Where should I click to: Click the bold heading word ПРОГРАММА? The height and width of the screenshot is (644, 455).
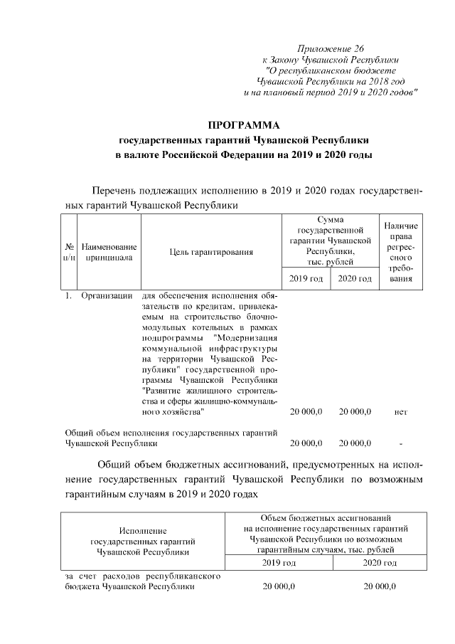(x=245, y=125)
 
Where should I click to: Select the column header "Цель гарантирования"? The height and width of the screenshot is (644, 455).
(x=212, y=252)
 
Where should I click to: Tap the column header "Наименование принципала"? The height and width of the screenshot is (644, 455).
(x=109, y=252)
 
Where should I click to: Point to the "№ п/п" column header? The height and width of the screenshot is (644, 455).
(x=70, y=252)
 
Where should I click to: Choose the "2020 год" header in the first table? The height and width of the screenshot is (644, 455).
(x=355, y=278)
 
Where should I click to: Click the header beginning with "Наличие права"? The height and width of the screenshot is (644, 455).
(x=400, y=252)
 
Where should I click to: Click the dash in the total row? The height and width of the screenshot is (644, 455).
(x=401, y=444)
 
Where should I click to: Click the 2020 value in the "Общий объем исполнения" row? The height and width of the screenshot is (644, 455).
(x=355, y=444)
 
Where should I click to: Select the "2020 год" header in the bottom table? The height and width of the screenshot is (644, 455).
(x=379, y=563)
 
